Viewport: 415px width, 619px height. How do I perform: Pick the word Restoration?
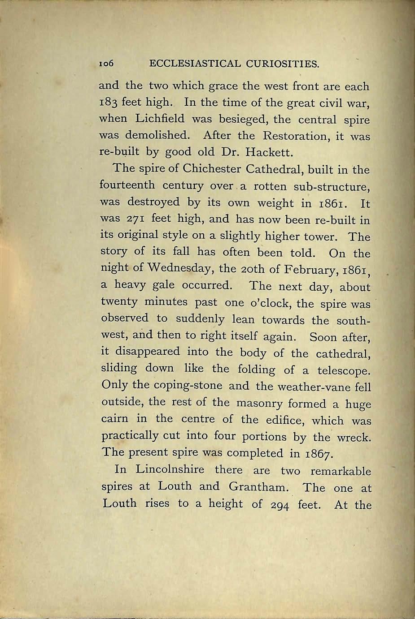click(x=291, y=136)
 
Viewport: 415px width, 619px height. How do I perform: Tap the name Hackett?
click(x=271, y=153)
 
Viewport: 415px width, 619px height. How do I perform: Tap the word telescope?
click(x=344, y=371)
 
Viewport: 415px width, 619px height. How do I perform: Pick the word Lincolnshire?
click(x=170, y=470)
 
